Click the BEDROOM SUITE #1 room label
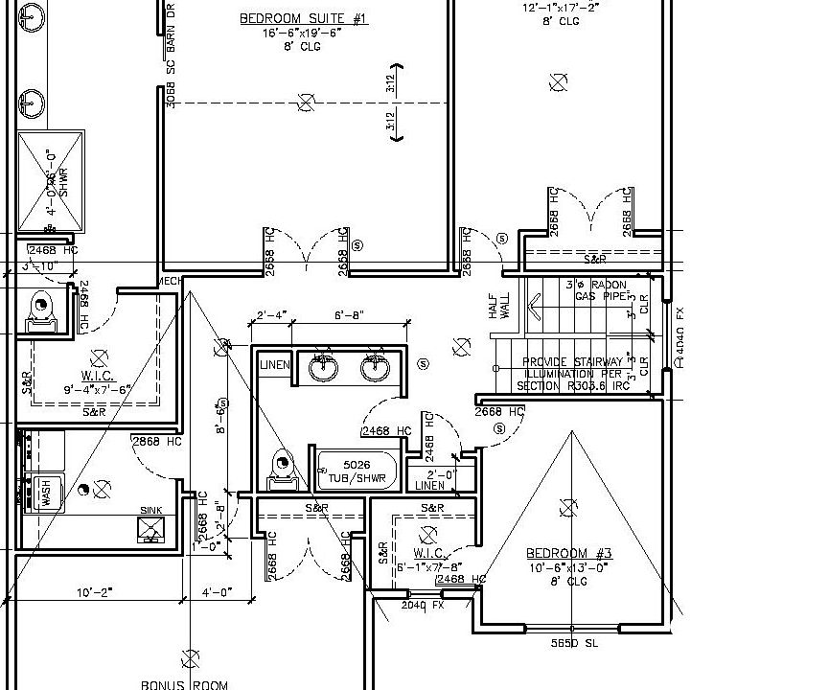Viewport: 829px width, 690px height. (302, 18)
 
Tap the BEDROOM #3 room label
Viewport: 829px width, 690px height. (568, 554)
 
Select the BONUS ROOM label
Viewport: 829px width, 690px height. (184, 684)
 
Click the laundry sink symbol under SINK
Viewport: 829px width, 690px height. (151, 528)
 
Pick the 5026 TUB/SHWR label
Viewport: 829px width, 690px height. (351, 471)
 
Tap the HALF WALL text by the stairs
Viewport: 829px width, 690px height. (499, 306)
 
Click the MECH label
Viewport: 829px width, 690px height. (170, 282)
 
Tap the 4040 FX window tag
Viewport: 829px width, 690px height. (679, 338)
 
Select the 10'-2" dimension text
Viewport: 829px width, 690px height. (95, 592)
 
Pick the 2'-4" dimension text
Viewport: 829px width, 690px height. (273, 315)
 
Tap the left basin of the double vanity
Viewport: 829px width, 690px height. (322, 367)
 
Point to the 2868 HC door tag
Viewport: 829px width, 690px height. (156, 442)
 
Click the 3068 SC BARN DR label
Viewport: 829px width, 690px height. (171, 55)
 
